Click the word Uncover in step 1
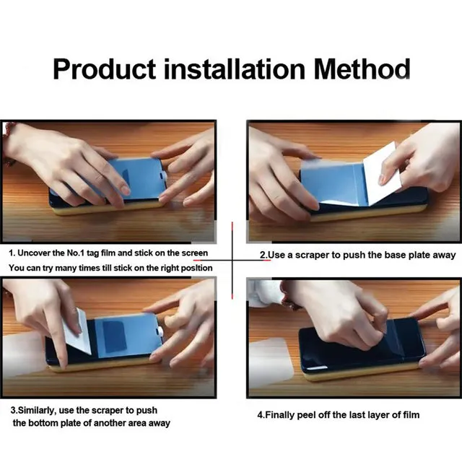(38, 253)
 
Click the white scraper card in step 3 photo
(75, 331)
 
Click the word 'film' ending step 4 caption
(409, 414)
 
